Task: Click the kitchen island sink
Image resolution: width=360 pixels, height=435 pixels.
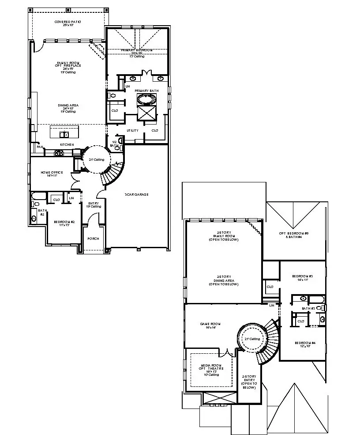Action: click(64, 135)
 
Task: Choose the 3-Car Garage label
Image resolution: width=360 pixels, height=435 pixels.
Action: click(136, 194)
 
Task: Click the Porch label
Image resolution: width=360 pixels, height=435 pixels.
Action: click(93, 238)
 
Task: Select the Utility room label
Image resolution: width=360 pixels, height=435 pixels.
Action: click(132, 130)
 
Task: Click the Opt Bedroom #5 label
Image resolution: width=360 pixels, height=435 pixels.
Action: click(294, 235)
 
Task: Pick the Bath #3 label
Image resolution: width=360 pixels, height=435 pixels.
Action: click(308, 308)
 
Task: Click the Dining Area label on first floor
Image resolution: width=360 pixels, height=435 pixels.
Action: click(68, 107)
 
